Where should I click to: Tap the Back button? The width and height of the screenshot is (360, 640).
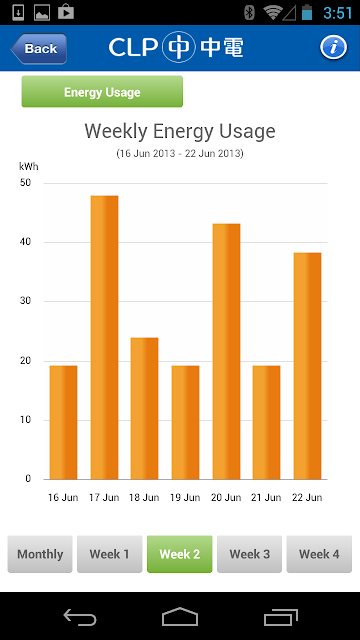[39, 49]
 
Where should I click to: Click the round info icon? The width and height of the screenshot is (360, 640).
[333, 47]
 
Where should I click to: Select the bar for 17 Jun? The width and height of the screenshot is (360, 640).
[104, 338]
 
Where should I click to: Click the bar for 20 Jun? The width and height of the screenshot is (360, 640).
[226, 351]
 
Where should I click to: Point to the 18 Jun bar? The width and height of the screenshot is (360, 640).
[144, 409]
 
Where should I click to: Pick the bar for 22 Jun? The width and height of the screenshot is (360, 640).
[307, 366]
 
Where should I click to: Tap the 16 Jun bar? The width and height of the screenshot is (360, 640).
[63, 422]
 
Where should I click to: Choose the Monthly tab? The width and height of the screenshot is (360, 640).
[40, 554]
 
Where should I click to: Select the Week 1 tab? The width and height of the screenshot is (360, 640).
[109, 554]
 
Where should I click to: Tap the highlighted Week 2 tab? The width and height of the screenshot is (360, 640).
[180, 554]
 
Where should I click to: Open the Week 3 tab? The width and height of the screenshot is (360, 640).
[249, 554]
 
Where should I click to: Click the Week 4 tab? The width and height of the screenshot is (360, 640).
[319, 554]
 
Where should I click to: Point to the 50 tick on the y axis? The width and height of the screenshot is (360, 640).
[25, 183]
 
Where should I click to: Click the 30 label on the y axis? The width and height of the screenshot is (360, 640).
[25, 301]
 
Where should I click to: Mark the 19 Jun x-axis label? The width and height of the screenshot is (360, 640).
[185, 498]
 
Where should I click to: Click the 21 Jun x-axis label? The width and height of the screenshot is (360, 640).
[267, 498]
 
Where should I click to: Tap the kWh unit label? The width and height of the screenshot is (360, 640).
[29, 167]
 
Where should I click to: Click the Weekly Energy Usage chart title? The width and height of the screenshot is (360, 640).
[180, 131]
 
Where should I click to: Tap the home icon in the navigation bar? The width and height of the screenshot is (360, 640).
[180, 616]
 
